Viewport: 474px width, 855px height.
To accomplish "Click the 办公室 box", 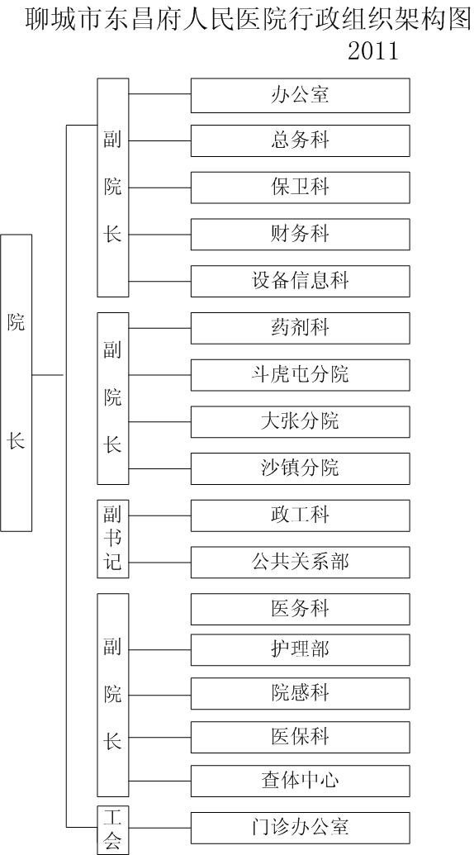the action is click(301, 96).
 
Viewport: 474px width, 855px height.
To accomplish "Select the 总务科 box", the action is click(301, 140).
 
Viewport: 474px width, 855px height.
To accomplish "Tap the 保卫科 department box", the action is click(301, 188).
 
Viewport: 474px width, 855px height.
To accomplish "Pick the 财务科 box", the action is click(301, 235).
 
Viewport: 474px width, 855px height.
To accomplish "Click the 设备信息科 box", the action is click(301, 282).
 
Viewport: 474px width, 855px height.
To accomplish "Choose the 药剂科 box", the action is click(301, 328).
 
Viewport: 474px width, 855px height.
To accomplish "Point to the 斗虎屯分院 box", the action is click(301, 375).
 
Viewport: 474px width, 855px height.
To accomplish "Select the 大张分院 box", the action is click(301, 422).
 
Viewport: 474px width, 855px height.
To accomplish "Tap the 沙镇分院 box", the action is click(301, 469).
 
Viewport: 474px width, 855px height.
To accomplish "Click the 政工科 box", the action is click(301, 515).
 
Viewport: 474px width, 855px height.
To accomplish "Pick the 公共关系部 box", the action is click(301, 563).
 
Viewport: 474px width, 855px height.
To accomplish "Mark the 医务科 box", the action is click(301, 609).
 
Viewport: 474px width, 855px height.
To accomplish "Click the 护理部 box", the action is click(301, 650).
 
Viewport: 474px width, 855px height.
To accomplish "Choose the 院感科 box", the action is click(301, 694).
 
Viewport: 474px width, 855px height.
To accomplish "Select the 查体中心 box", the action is click(301, 781).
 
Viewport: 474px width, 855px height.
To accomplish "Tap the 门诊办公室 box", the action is click(301, 828).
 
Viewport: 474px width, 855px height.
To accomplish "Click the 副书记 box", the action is click(113, 539).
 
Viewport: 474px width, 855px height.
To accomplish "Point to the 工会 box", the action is click(113, 830).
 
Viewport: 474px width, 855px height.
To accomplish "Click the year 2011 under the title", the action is click(374, 52).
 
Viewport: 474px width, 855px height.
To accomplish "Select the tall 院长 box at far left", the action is click(17, 382).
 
